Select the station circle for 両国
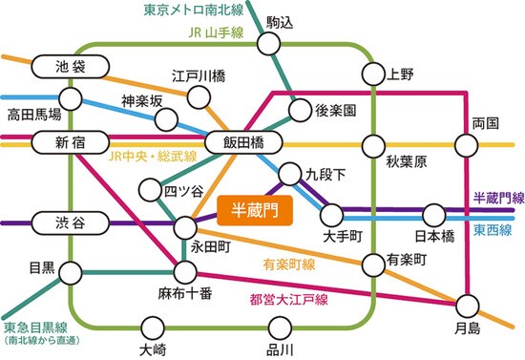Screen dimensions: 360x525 [x=466, y=144]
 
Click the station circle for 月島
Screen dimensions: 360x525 [x=466, y=306]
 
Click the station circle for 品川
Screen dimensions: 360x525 [x=279, y=326]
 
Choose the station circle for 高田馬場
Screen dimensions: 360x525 [x=70, y=96]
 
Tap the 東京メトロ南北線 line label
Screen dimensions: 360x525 [x=192, y=11]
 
